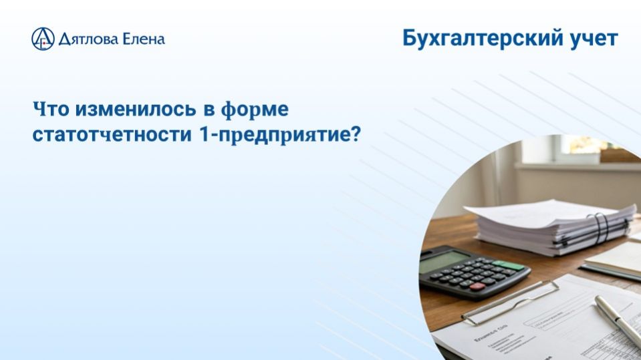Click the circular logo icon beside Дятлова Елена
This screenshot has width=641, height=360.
43,39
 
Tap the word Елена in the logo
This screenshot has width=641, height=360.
143,39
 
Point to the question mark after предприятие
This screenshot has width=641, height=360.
355,134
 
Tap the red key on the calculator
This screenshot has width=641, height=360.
477,287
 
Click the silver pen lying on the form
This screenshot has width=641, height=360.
618,321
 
